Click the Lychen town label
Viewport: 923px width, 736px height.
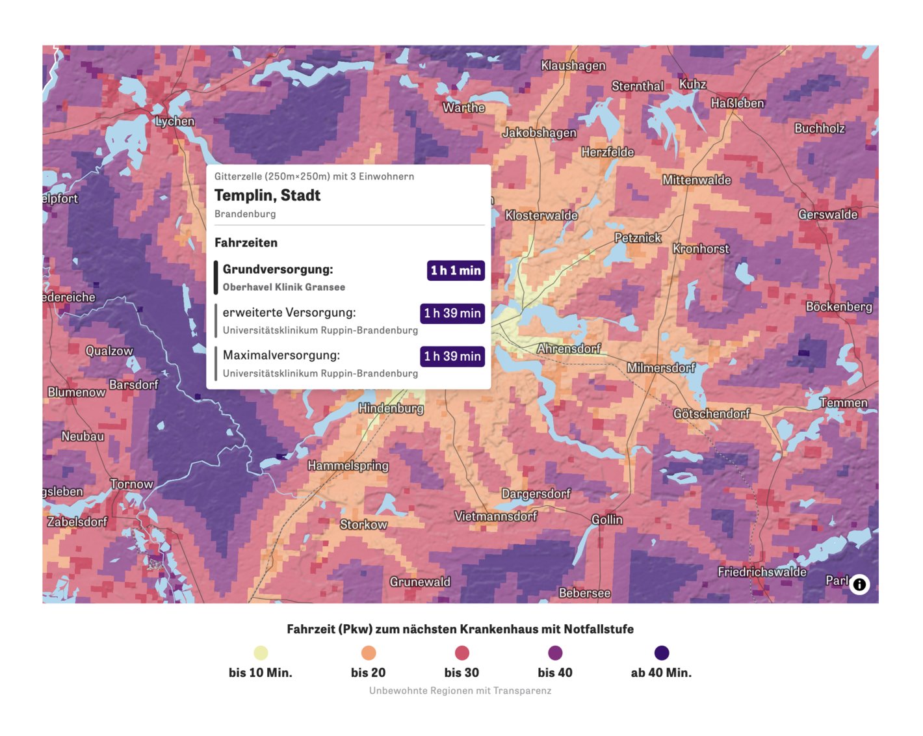click(x=175, y=121)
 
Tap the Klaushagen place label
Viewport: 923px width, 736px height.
click(x=573, y=65)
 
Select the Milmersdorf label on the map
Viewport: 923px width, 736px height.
click(x=660, y=368)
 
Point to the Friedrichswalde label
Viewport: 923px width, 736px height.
click(x=762, y=572)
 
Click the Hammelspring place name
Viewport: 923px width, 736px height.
click(x=348, y=466)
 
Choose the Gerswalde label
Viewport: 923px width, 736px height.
click(x=827, y=215)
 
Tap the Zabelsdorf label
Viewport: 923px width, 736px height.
click(x=77, y=521)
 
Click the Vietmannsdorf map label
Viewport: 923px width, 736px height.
click(x=495, y=516)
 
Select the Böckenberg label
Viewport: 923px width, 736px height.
click(x=838, y=306)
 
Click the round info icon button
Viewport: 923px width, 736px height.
click(x=859, y=585)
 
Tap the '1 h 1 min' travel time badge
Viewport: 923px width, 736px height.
click(x=456, y=270)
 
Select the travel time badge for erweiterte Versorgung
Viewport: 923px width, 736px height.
click(x=452, y=313)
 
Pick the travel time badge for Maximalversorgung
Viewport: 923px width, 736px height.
click(x=452, y=356)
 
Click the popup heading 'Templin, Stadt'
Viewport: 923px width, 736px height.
click(x=267, y=195)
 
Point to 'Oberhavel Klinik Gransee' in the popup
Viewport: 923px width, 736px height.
click(x=283, y=287)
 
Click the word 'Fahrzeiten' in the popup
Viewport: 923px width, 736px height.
click(x=246, y=243)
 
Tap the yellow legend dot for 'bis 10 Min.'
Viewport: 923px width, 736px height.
click(x=261, y=653)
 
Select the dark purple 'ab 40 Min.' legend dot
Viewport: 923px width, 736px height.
click(x=661, y=653)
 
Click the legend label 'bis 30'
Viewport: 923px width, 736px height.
click(x=461, y=672)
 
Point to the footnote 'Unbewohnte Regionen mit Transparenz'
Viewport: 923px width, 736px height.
click(x=460, y=690)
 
